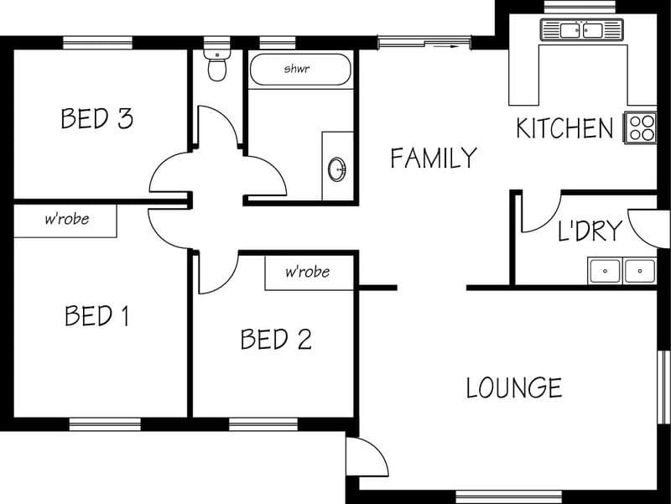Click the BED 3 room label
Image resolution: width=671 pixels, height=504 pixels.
(97, 118)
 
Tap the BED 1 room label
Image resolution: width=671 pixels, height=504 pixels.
(96, 315)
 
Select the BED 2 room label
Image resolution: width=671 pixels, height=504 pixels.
(276, 339)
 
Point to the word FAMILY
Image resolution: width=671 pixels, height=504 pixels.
(434, 158)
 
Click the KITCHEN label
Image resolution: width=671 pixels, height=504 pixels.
(564, 128)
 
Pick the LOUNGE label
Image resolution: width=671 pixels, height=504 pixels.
(513, 387)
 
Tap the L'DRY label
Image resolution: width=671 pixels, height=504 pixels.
(590, 231)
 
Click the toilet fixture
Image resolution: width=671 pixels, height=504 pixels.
(217, 65)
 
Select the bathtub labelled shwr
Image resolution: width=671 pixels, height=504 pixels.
(300, 70)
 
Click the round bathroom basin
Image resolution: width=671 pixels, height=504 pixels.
(337, 169)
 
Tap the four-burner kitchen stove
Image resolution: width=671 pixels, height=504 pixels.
(641, 127)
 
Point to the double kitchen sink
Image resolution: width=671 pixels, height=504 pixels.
(581, 30)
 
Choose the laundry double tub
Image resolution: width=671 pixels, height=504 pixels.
(622, 271)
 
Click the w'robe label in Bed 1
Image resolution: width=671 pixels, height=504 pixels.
(67, 219)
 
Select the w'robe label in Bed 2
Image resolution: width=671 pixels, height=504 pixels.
(308, 272)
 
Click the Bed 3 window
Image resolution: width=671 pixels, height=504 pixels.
(97, 43)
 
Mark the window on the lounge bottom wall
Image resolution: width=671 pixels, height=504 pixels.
(508, 496)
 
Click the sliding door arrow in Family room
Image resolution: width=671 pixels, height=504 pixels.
(446, 46)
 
